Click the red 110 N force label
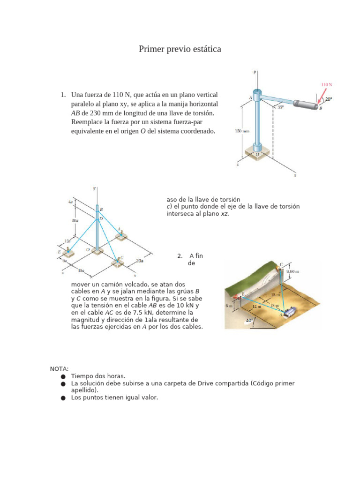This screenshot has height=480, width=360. pos(327,85)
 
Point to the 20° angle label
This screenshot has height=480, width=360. pos(328,99)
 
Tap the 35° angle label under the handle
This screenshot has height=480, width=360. pos(280,107)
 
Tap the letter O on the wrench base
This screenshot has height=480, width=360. pos(256,154)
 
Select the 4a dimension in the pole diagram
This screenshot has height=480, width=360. pos(70,202)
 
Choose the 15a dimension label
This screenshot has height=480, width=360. pos(81,271)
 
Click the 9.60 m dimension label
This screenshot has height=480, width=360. pos(293,271)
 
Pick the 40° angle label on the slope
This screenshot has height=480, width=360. pos(249,321)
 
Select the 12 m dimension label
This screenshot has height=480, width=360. pos(256,306)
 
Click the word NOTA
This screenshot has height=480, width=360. pos(60,369)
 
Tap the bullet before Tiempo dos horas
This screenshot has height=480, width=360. pos(63,376)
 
